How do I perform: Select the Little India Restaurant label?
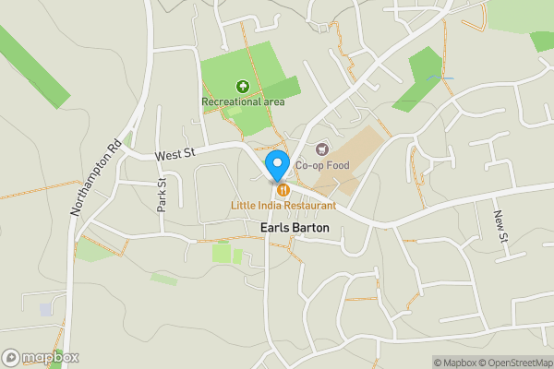pyautogui.click(x=283, y=205)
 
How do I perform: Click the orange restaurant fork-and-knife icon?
pyautogui.click(x=283, y=190)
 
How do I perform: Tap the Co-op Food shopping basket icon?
pyautogui.click(x=322, y=149)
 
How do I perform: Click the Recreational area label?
pyautogui.click(x=243, y=101)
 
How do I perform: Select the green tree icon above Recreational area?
pyautogui.click(x=243, y=86)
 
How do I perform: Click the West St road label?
pyautogui.click(x=173, y=157)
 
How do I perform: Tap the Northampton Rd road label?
pyautogui.click(x=95, y=177)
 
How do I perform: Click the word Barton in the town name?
pyautogui.click(x=307, y=227)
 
